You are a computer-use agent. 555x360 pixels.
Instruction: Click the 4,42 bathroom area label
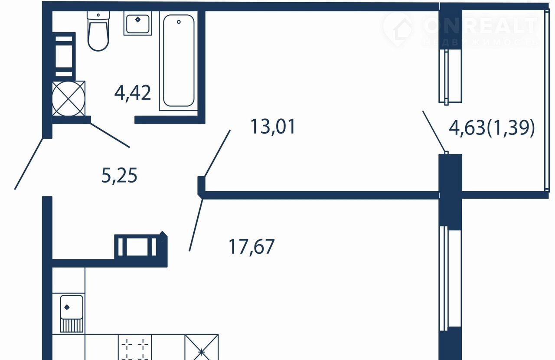tap(133, 93)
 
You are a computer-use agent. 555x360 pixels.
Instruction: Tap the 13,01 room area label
tap(273, 127)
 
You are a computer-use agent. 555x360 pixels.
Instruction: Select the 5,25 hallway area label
tap(119, 176)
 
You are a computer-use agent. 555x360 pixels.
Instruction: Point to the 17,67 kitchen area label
tap(251, 247)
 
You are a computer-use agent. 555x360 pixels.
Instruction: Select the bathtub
tap(179, 61)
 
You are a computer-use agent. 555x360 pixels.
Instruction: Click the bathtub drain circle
tap(179, 22)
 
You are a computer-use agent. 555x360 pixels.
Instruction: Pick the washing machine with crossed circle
tap(69, 98)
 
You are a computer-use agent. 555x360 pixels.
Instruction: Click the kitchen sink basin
tap(72, 307)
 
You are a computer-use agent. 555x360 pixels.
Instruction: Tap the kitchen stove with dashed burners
tap(135, 347)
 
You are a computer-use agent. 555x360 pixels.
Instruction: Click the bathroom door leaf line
tap(110, 135)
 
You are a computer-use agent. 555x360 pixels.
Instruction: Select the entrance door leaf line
tap(29, 164)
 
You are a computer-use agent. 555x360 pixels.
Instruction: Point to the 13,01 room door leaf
tap(217, 154)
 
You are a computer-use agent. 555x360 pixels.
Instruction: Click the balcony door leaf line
tap(434, 132)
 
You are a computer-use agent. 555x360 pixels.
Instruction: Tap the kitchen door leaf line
tap(196, 225)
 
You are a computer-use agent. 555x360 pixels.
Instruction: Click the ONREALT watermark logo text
tap(481, 26)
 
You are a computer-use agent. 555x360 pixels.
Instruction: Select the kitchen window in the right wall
tap(450, 278)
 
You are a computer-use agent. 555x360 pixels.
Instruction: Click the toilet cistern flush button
tap(98, 15)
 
